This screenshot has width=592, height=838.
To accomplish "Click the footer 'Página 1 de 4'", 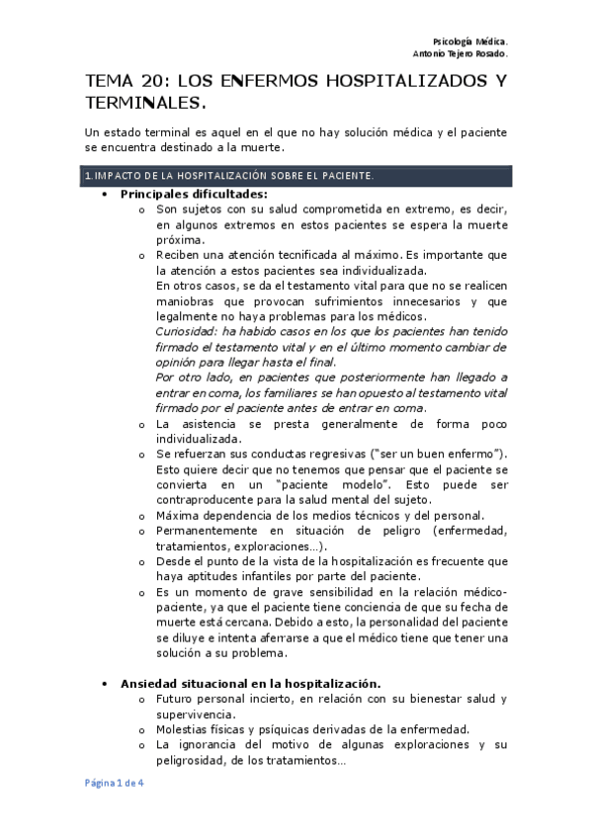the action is click(112, 783).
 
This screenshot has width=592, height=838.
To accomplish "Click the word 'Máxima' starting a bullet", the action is click(177, 515).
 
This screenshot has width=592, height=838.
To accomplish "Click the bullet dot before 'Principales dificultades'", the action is click(105, 195).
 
